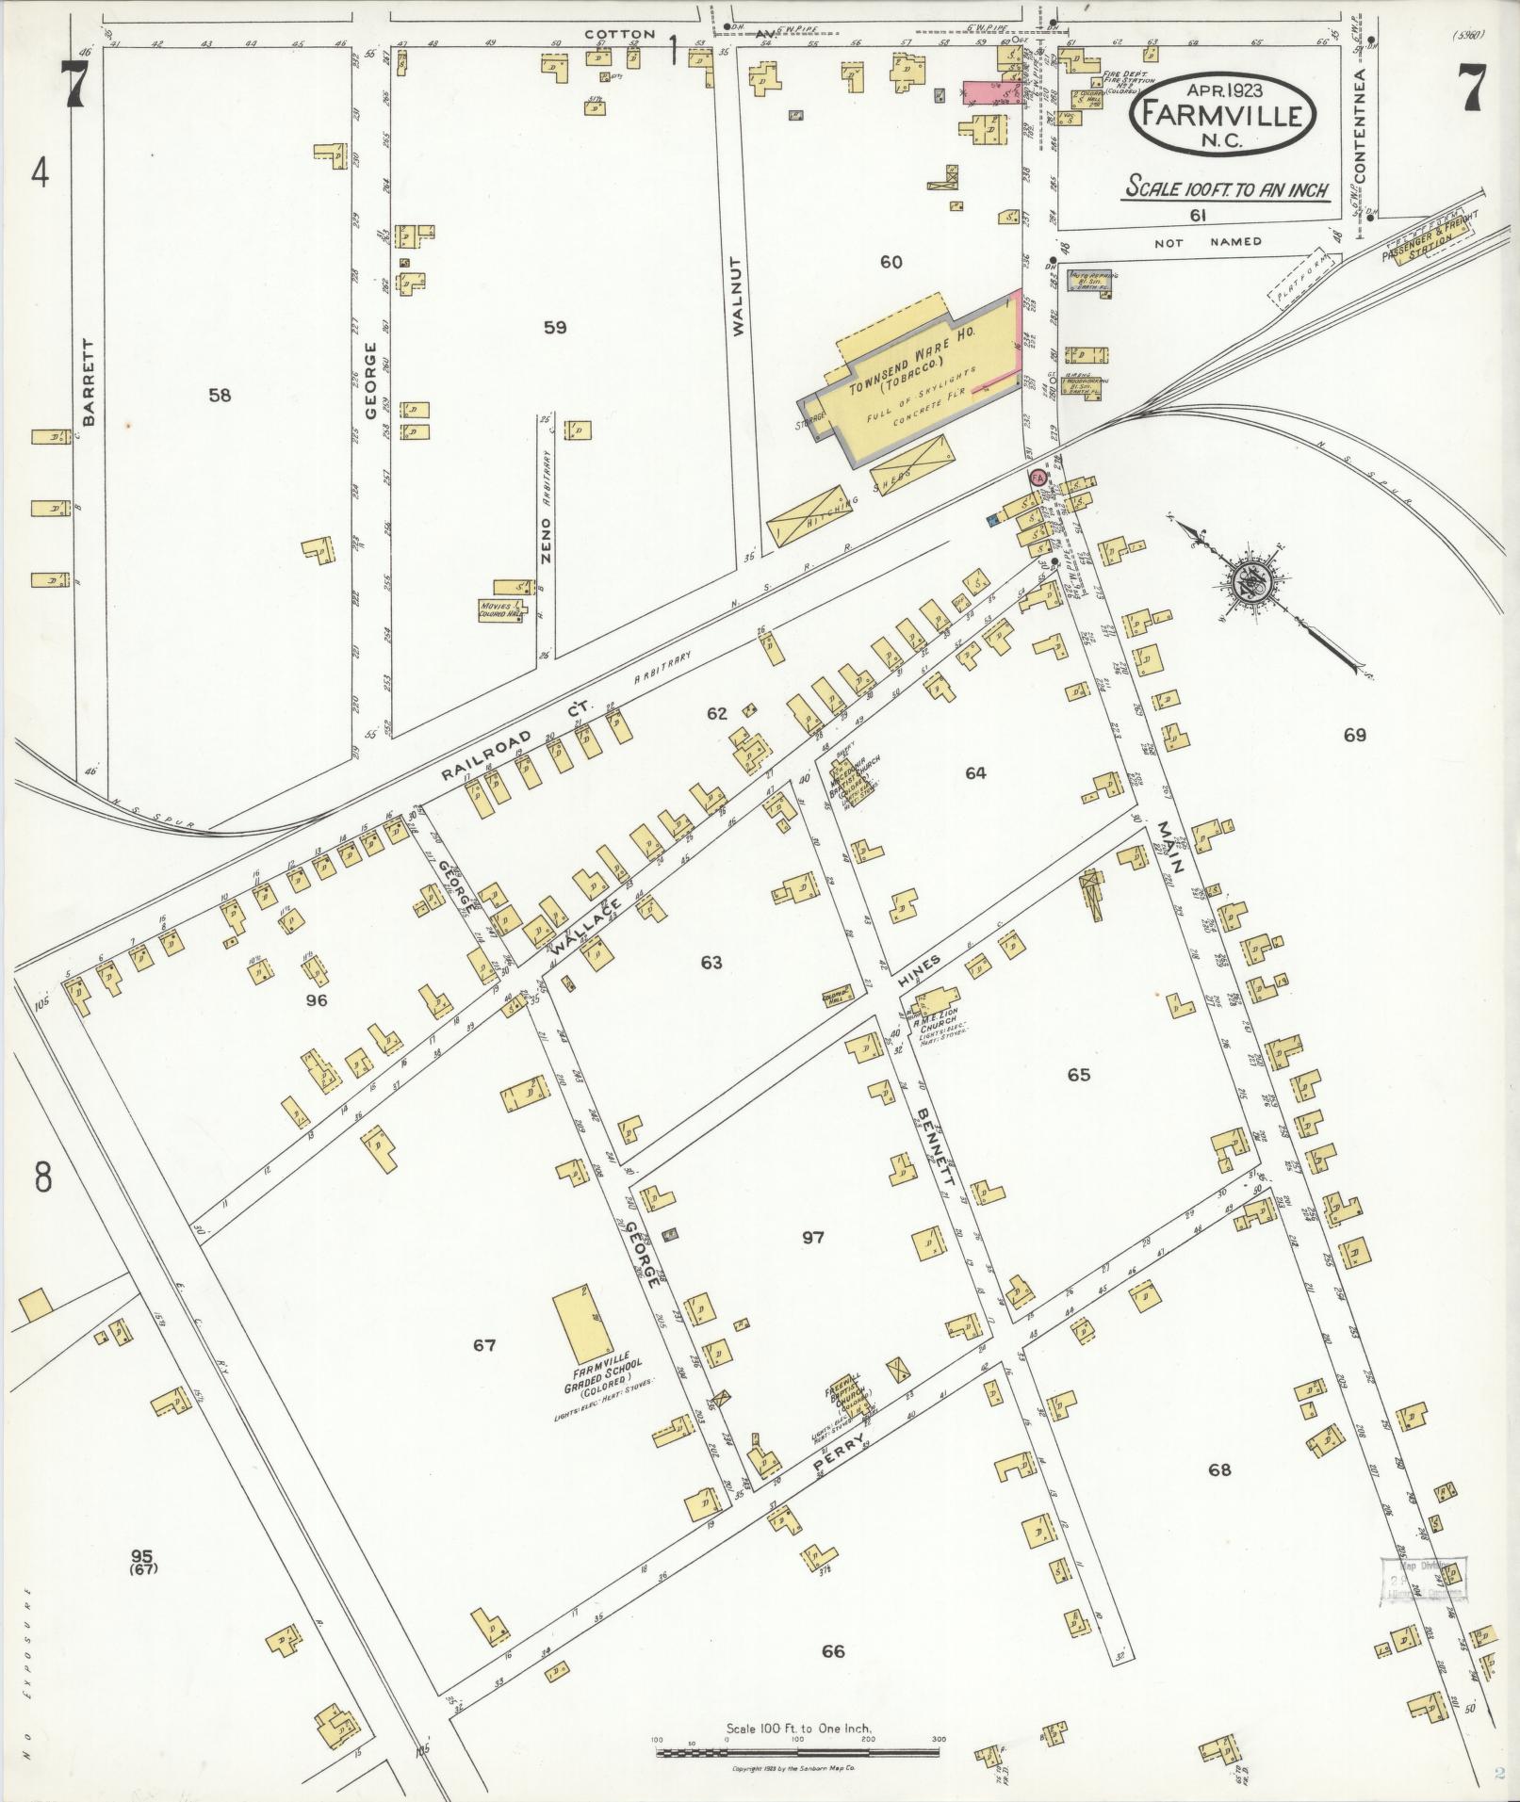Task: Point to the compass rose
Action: point(1251,584)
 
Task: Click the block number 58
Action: point(220,396)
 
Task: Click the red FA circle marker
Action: point(1038,478)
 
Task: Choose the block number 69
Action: point(1354,735)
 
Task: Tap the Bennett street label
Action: point(936,1144)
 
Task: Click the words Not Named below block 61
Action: point(1208,241)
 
